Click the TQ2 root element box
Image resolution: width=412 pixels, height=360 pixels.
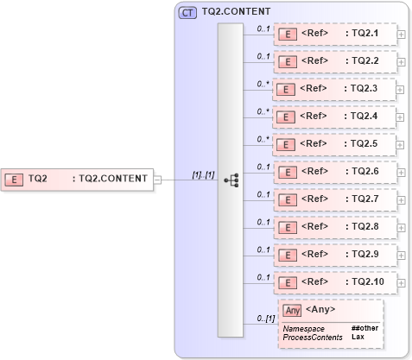pos(77,179)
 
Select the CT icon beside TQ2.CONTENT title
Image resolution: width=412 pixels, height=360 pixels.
pos(187,13)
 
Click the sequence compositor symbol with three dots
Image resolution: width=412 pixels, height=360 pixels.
pos(231,180)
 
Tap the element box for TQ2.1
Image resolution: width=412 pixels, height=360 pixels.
pos(335,35)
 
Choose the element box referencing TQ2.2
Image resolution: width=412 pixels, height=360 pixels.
pos(335,61)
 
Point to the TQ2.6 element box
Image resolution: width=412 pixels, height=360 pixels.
pos(335,172)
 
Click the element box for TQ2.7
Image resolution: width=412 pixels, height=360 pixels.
pos(335,199)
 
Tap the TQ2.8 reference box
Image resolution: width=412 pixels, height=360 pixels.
pos(335,227)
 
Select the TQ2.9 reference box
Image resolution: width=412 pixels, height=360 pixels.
pos(335,255)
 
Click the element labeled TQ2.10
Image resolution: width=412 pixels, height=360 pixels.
pos(335,281)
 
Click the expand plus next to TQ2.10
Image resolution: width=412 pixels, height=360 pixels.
pos(402,282)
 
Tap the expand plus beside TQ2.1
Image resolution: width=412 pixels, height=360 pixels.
pos(402,35)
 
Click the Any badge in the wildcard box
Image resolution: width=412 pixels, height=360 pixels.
pos(292,310)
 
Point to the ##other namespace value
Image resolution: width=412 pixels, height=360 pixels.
pos(364,328)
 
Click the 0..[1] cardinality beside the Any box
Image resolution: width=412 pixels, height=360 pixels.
pos(265,319)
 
